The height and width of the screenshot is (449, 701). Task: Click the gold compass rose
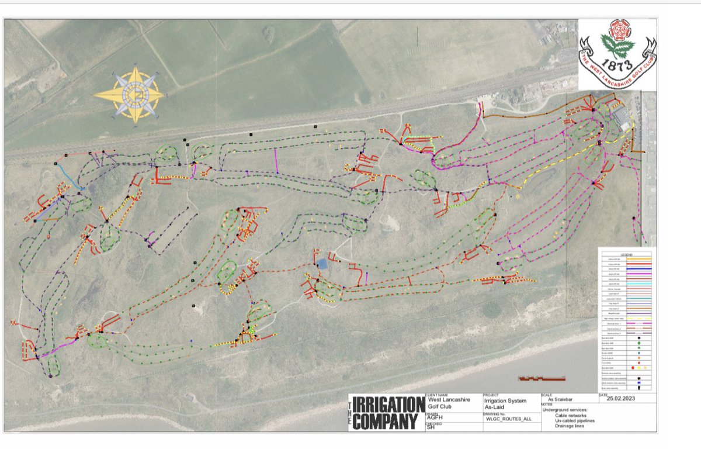point(129,94)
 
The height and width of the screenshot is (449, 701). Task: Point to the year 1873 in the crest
point(617,62)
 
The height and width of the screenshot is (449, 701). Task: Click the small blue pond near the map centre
point(322,264)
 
